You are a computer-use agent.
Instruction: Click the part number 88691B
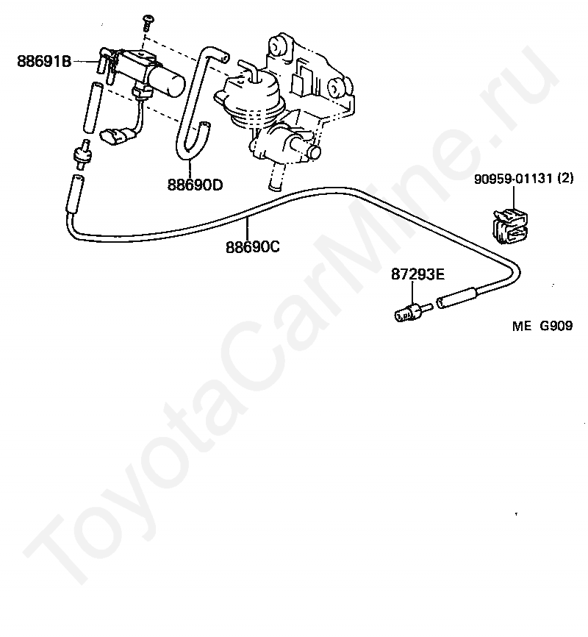44,63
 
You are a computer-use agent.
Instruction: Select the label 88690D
194,185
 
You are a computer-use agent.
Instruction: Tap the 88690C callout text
252,248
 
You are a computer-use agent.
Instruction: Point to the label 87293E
417,274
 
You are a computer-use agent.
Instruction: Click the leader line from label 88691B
85,63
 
